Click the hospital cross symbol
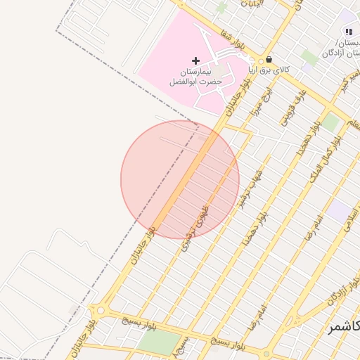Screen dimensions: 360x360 [195, 60]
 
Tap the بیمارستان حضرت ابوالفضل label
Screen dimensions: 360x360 [195, 77]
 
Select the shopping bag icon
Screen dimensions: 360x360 [269, 60]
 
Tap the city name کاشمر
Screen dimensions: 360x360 [342, 328]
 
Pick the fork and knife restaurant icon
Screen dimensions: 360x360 [349, 32]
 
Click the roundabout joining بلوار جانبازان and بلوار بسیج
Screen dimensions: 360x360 [98, 310]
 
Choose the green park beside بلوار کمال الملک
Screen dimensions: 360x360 [330, 122]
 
